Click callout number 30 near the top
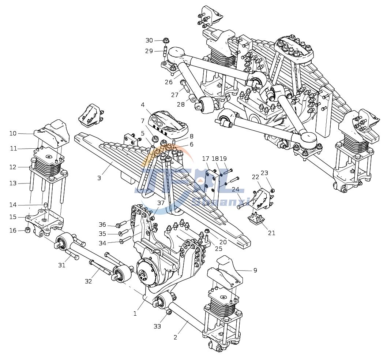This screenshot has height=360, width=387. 149,41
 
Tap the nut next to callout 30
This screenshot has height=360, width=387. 165,40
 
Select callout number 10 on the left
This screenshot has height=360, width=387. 13,133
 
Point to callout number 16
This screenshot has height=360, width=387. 13,230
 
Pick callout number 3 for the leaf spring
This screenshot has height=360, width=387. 99,178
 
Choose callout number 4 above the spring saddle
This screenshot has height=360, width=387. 143,105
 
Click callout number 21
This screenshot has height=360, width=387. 271,233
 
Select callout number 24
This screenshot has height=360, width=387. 236,189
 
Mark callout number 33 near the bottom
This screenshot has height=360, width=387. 157,326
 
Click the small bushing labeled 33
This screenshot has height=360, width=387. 169,312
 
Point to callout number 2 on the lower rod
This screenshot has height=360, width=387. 175,337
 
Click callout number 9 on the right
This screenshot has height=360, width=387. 255,270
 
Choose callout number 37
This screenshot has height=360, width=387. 161,203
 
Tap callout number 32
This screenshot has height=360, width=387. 89,281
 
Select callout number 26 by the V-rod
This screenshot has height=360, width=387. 169,82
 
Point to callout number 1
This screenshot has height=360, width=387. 135,313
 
